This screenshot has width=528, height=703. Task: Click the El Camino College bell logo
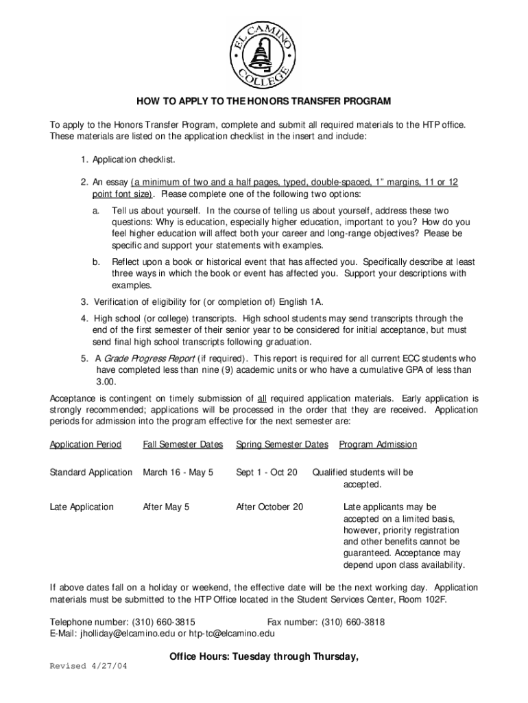click(x=263, y=47)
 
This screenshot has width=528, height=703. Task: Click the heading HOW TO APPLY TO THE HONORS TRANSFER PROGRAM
click(x=263, y=102)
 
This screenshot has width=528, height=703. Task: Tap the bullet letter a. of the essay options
click(x=97, y=210)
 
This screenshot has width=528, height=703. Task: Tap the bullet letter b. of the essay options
click(x=97, y=262)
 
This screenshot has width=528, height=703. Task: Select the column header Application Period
click(x=85, y=444)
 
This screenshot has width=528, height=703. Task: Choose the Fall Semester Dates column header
click(x=182, y=444)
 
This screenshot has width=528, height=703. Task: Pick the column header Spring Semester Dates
click(x=282, y=444)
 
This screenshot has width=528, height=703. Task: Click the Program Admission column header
click(x=378, y=444)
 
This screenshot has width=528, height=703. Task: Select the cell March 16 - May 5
click(x=178, y=472)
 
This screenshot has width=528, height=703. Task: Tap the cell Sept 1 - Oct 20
click(x=267, y=472)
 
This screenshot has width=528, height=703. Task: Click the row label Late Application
click(x=82, y=507)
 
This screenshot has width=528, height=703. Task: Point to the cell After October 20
click(x=269, y=507)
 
